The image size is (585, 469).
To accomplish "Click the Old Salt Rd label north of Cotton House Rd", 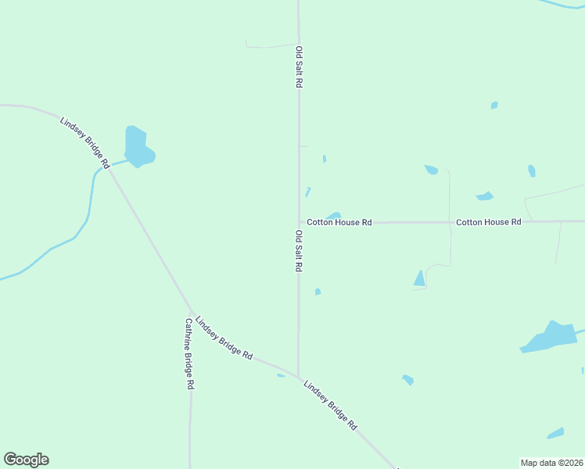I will point(299,66).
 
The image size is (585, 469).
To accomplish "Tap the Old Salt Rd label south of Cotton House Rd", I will point(299,251).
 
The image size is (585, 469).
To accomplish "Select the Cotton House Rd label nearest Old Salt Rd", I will point(339,223).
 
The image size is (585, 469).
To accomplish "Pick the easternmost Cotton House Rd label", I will point(488,223).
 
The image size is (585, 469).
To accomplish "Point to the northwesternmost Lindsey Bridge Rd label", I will point(84,143).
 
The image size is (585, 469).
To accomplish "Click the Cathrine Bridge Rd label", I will point(189,353).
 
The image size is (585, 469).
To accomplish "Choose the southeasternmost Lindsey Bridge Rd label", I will point(330,405).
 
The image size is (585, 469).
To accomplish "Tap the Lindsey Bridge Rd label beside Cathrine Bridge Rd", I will point(224,338).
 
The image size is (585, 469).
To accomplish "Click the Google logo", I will point(26,460).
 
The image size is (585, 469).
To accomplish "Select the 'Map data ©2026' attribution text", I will point(551,463).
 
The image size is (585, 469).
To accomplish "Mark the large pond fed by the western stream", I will point(138,147).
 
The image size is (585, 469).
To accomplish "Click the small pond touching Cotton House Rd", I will point(334,216).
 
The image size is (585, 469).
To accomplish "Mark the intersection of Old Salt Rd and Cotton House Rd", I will point(299,222).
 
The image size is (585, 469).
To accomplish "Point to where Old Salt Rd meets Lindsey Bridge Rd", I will point(298,377).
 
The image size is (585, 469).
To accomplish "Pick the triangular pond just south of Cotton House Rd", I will point(420,278).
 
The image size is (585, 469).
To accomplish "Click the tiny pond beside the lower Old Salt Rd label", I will point(318,292).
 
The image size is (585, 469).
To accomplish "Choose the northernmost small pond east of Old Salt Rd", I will point(493,105).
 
